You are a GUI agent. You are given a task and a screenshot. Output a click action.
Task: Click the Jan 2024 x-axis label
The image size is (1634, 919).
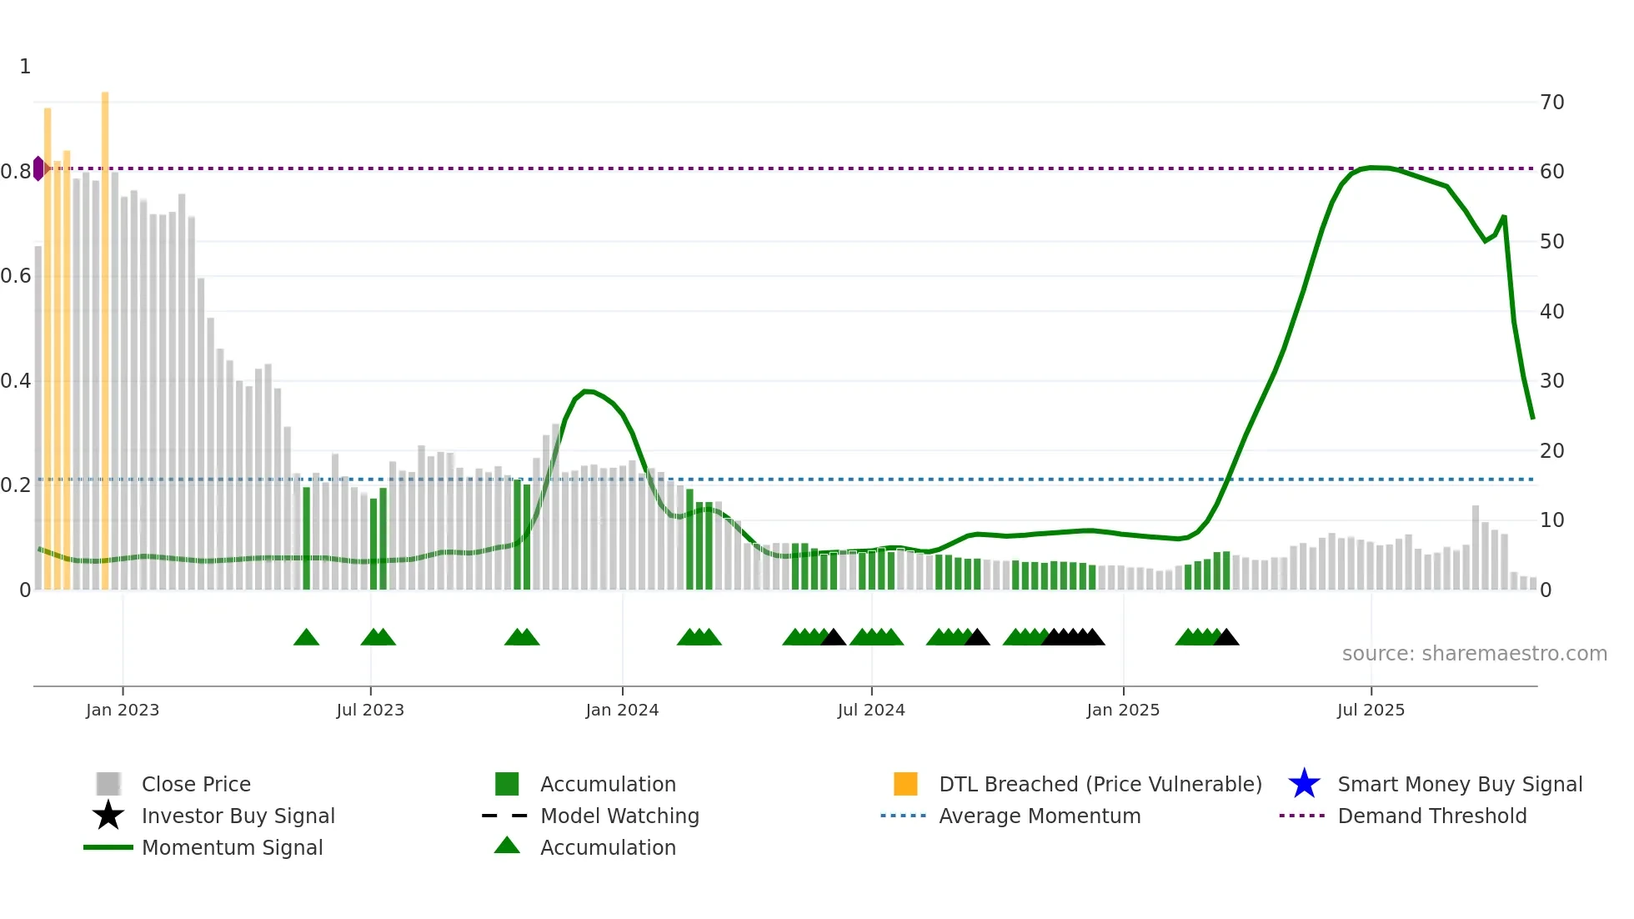[622, 710]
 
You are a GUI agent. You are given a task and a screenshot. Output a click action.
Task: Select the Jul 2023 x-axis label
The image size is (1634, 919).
[370, 710]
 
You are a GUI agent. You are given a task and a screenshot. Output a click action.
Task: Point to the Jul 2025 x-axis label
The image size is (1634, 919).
[1371, 710]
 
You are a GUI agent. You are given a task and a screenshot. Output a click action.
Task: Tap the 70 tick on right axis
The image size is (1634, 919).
[1551, 102]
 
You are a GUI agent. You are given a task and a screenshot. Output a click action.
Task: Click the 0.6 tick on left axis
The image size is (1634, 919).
[16, 275]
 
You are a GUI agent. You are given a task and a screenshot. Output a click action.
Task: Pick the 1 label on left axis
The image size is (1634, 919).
[25, 66]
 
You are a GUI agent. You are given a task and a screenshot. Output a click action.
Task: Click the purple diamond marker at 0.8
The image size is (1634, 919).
[38, 168]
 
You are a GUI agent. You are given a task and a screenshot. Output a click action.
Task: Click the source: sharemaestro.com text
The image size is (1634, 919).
[1474, 653]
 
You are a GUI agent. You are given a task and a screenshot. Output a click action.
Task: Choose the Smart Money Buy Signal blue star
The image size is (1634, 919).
[1304, 784]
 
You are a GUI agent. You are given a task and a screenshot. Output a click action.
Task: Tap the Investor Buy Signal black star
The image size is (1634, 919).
[108, 816]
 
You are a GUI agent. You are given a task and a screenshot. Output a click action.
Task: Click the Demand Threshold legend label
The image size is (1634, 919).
[1431, 816]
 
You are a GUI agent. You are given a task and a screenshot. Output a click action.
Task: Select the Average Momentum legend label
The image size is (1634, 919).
[1039, 816]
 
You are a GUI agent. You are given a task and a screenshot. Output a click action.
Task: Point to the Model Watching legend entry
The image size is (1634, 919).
[619, 816]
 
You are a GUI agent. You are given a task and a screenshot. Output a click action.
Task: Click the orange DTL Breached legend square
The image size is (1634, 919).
[905, 784]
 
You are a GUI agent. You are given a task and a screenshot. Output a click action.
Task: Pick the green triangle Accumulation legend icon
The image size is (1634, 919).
[507, 846]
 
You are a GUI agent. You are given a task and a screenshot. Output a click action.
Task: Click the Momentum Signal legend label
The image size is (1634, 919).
[232, 847]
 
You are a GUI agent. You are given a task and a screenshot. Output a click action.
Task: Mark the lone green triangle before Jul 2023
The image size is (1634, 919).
[306, 638]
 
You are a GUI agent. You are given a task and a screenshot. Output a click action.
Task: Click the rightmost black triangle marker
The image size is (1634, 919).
[1226, 638]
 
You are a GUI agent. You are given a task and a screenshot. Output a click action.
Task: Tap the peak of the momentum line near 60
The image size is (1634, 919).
[1372, 168]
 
